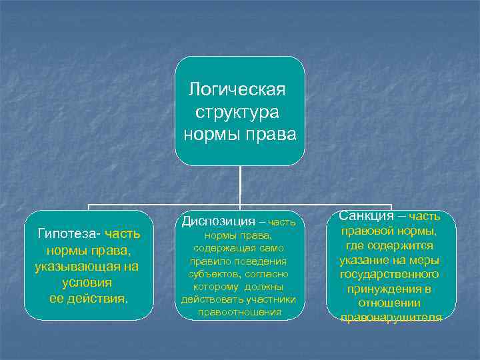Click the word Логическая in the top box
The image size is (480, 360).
coord(237,89)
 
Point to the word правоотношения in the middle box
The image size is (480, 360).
coord(239,312)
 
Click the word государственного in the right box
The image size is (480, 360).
coord(389,274)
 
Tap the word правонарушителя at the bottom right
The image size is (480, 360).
coord(391,317)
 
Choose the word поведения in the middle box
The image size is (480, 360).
coord(263,261)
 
